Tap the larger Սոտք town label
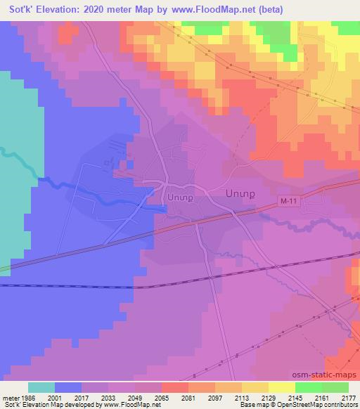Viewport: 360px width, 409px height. coord(238,192)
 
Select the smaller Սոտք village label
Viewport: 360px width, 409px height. coord(179,197)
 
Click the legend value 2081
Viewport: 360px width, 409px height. coord(188,396)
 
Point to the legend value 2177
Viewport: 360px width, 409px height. coord(348,396)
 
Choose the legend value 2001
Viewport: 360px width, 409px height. coord(54,396)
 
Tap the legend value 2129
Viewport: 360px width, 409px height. coord(268,396)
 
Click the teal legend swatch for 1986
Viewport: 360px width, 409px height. coord(41,387)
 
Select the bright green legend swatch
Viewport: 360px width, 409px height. coord(308,387)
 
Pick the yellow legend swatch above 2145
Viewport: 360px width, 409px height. coord(281,387)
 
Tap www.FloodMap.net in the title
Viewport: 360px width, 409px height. coord(223,9)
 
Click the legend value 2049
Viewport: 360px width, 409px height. coord(134,396)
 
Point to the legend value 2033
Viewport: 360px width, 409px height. coord(108,396)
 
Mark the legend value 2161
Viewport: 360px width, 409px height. coord(321,396)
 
